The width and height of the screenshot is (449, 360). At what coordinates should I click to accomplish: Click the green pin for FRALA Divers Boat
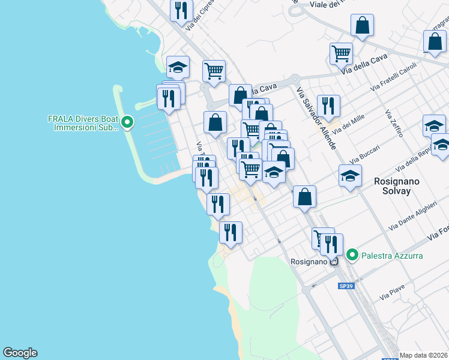click(x=127, y=124)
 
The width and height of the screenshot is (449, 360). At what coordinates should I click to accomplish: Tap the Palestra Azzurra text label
click(x=392, y=256)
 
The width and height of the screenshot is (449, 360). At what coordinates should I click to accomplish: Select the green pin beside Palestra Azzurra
click(x=354, y=256)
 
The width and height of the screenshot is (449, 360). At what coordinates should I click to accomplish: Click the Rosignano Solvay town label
click(x=392, y=185)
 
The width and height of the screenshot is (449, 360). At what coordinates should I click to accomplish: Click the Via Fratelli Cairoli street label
click(x=393, y=76)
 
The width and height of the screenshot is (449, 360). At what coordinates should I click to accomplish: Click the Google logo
click(x=20, y=353)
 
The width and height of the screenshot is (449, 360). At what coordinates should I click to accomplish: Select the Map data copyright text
click(x=424, y=355)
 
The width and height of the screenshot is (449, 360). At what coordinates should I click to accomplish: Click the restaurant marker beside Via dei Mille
click(x=328, y=106)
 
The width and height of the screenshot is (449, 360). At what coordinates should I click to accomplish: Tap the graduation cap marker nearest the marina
click(x=178, y=67)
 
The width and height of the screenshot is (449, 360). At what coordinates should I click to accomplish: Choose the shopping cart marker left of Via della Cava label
click(x=341, y=53)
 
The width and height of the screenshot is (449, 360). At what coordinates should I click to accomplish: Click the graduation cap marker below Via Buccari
click(x=350, y=176)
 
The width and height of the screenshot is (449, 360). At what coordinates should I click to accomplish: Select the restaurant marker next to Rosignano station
click(x=331, y=244)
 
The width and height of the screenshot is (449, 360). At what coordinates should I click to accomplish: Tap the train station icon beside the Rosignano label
click(x=334, y=262)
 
